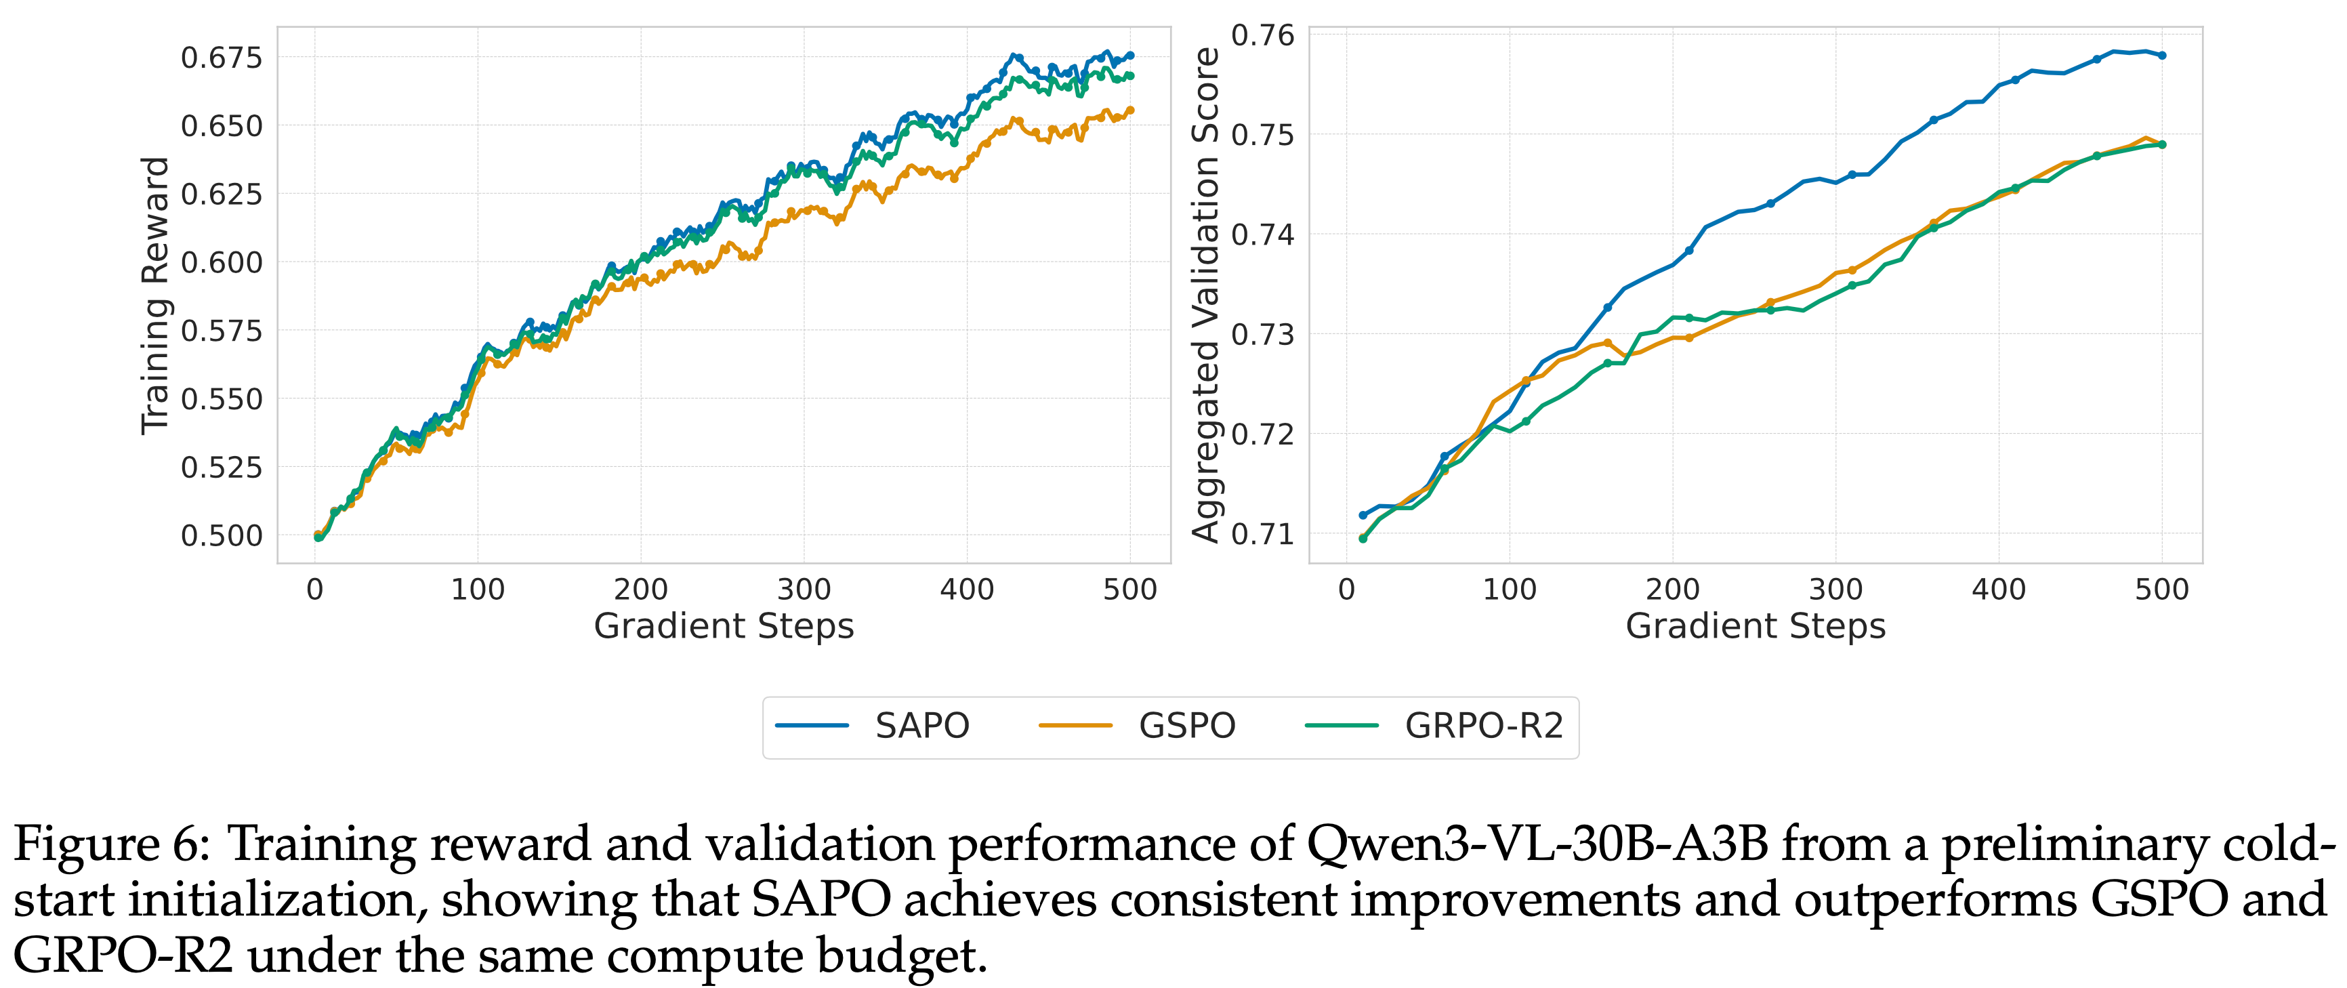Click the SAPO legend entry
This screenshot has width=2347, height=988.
tap(921, 726)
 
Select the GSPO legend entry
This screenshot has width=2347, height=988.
tap(1186, 726)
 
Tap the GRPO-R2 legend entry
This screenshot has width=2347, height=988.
tap(1483, 726)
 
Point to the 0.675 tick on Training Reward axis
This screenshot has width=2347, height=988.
tap(222, 58)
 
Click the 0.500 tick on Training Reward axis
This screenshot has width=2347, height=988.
tap(222, 536)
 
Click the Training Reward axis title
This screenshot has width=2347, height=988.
tap(156, 295)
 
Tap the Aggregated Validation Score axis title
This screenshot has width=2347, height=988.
tap(1205, 295)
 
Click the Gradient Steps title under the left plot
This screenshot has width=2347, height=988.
tap(724, 627)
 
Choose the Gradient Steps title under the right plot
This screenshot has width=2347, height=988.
tap(1755, 627)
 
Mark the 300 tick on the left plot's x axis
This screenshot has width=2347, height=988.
tap(804, 590)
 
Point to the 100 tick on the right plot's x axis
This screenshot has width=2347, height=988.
tap(1509, 590)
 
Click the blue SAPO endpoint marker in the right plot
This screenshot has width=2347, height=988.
tap(2162, 56)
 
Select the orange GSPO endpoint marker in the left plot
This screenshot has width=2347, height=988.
tap(1131, 110)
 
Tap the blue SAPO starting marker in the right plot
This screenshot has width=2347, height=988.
tap(1363, 515)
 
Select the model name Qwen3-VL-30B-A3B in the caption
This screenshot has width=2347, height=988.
tap(1536, 844)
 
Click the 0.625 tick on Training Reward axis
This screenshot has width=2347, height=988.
tap(222, 194)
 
